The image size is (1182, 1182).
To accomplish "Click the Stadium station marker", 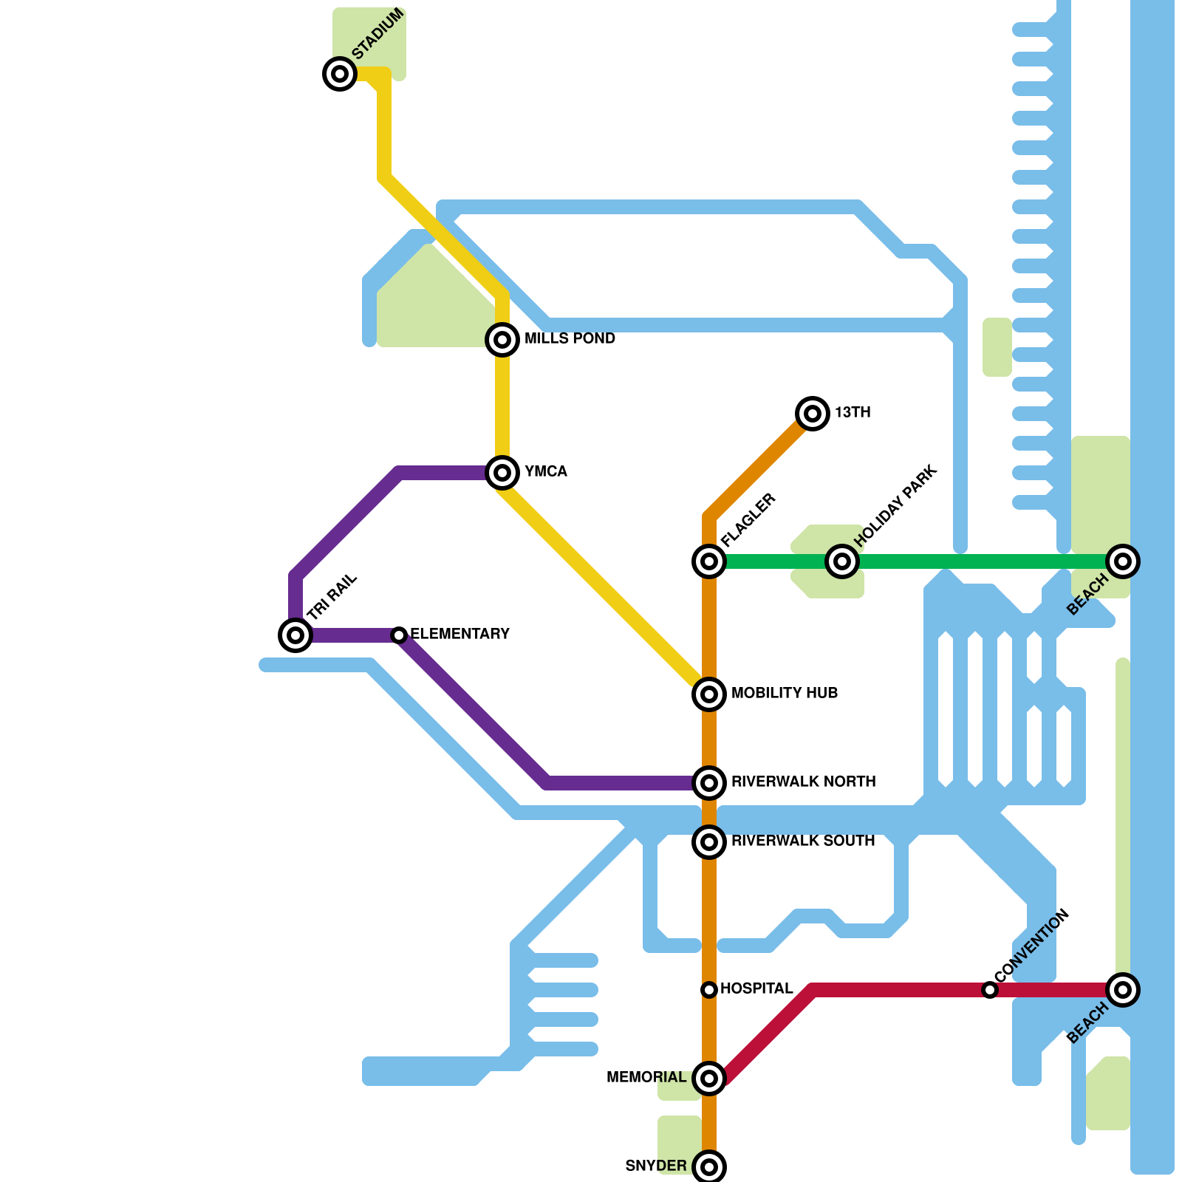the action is pyautogui.click(x=340, y=74).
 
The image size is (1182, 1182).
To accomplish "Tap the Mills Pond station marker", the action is pyautogui.click(x=502, y=340).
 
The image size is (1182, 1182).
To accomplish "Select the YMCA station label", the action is pyautogui.click(x=546, y=471).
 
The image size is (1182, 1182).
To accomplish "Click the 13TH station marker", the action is pyautogui.click(x=813, y=414).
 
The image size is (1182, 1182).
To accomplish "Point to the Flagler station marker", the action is pyautogui.click(x=709, y=561).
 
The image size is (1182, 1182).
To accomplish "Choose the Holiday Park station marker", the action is pyautogui.click(x=842, y=561).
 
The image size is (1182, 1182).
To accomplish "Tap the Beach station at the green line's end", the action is pyautogui.click(x=1123, y=561).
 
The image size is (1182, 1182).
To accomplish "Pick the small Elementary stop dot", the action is pyautogui.click(x=399, y=635).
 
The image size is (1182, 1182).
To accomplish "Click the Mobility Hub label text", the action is pyautogui.click(x=785, y=693).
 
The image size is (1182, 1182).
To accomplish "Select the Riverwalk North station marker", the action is pyautogui.click(x=709, y=783).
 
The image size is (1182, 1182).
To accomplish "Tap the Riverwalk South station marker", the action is pyautogui.click(x=709, y=842).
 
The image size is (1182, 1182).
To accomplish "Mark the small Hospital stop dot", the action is pyautogui.click(x=709, y=990).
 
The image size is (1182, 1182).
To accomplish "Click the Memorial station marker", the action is pyautogui.click(x=709, y=1079).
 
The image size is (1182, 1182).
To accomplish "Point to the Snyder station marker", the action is pyautogui.click(x=709, y=1167).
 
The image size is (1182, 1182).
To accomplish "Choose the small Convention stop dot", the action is pyautogui.click(x=990, y=990).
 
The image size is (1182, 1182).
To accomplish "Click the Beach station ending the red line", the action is pyautogui.click(x=1123, y=990).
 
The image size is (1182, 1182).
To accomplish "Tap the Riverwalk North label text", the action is pyautogui.click(x=804, y=782).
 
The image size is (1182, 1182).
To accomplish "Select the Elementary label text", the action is pyautogui.click(x=460, y=634).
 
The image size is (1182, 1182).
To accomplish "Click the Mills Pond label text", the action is pyautogui.click(x=570, y=338).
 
